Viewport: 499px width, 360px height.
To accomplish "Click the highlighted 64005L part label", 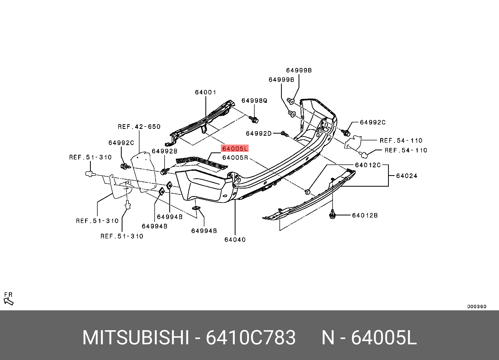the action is tap(235, 149).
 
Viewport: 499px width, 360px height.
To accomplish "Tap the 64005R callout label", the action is tap(235, 158).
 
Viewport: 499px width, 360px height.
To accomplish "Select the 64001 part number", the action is tap(206, 92).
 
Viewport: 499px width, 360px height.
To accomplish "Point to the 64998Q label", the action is tap(254, 101).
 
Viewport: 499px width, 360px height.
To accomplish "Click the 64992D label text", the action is tap(259, 134).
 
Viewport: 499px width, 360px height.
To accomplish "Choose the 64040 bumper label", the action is tap(235, 240).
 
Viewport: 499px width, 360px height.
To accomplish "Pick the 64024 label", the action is tap(407, 176).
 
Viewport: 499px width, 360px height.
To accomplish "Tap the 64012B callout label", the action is tap(365, 215).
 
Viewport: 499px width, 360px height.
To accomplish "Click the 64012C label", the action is tap(368, 165).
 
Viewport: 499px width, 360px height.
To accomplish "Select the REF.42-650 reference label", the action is tap(139, 127).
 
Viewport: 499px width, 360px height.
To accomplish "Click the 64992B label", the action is tap(165, 151).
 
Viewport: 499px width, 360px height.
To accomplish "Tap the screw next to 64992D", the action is tap(285, 134).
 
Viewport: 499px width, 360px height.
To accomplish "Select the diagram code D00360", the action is tap(477, 307).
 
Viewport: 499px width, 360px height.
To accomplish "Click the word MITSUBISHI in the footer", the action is tap(136, 338).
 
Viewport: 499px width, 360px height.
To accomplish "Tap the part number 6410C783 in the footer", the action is tap(251, 338).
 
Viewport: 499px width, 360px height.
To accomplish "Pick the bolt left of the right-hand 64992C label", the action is tap(346, 133).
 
